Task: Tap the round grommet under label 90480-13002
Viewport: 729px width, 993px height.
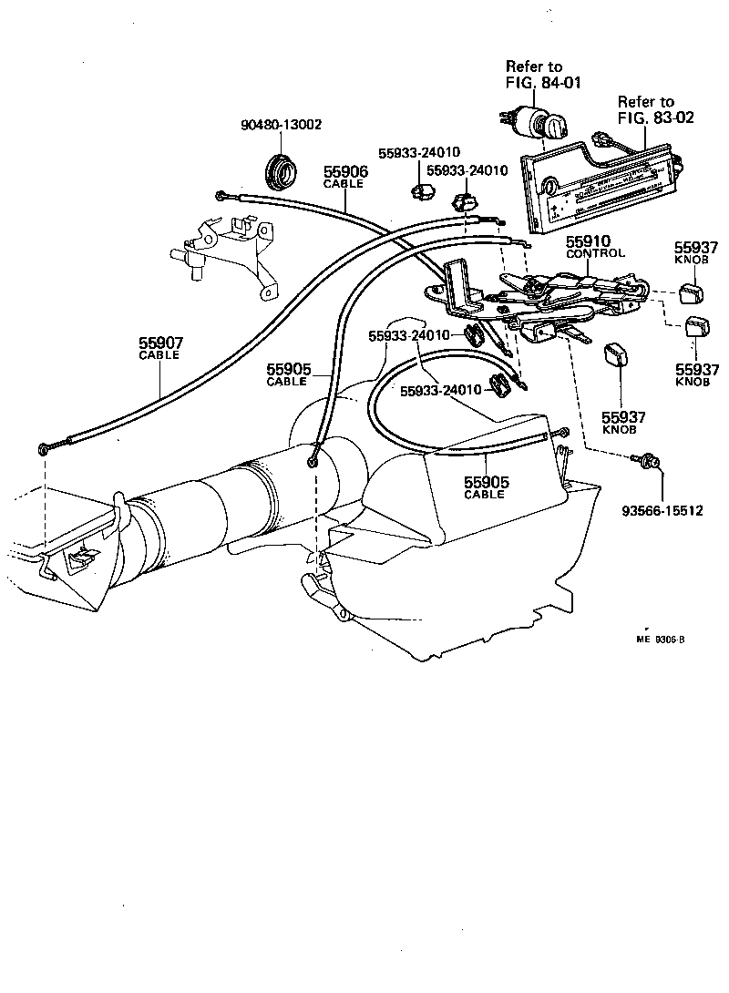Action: point(278,169)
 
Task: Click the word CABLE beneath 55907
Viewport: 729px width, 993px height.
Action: point(160,355)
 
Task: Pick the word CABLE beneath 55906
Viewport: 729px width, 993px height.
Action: point(344,184)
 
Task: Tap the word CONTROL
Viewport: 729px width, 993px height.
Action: point(596,253)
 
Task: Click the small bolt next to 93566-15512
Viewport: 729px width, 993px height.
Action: point(651,463)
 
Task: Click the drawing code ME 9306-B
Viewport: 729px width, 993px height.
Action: point(660,639)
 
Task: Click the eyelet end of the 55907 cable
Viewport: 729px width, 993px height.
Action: point(45,449)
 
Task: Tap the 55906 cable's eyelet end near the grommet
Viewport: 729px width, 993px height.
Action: point(221,194)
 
